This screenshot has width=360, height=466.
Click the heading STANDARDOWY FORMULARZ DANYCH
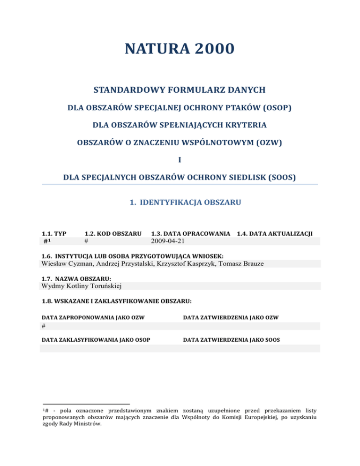pyautogui.click(x=180, y=90)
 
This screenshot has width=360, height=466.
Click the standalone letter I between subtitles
pyautogui.click(x=180, y=160)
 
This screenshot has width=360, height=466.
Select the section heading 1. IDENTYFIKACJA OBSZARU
pyautogui.click(x=185, y=203)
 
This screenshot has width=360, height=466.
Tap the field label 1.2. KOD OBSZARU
pyautogui.click(x=112, y=233)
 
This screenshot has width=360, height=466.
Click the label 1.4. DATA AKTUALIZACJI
pyautogui.click(x=275, y=233)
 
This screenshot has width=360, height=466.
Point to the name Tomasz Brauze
pyautogui.click(x=243, y=263)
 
